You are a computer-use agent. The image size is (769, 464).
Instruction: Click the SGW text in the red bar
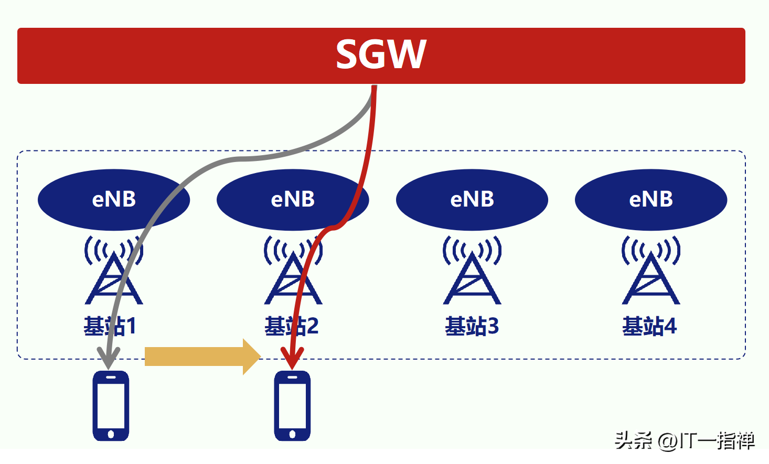coord(381,55)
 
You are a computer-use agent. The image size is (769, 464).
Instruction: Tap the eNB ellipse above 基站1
coord(113,200)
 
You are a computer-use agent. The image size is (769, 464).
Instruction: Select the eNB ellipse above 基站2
coord(293,200)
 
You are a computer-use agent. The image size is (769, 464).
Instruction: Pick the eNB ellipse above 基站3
coord(472,200)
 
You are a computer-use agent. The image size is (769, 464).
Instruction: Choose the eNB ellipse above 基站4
coord(651,200)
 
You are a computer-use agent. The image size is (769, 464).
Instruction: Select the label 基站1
coord(110,326)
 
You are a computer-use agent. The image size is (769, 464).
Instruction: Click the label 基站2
coord(291,326)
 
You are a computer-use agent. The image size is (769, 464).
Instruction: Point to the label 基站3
coord(472,326)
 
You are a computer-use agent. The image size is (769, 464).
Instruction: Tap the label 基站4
coord(649,326)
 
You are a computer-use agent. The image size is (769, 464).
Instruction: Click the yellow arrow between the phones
coord(202,357)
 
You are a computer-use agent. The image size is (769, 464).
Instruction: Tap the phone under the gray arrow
coord(111,406)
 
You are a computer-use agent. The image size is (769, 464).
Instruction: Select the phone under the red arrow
coord(292,406)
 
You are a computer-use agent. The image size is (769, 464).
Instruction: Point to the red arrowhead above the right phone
coord(292,360)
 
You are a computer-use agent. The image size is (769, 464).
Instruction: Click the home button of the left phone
coord(111,434)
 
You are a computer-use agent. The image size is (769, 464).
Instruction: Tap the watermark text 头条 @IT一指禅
coord(685,441)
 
